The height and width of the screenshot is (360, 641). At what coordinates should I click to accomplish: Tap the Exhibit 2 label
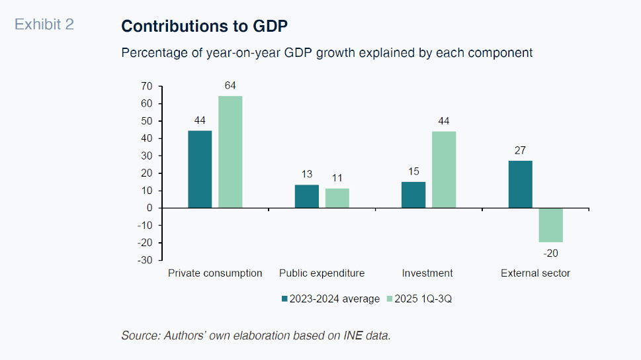pos(44,25)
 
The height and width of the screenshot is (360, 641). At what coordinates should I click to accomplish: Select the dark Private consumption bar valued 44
pos(200,169)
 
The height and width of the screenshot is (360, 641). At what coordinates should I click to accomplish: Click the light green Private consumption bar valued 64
pos(230,152)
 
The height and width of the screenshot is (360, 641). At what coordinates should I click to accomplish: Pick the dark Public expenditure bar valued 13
pos(307,197)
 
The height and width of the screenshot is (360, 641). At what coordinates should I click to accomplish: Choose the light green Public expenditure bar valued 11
pos(337,199)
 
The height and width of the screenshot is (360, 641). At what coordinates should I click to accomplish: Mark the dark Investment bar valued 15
pos(413,195)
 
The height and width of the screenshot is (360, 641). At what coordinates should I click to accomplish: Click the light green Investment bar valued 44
pos(444,169)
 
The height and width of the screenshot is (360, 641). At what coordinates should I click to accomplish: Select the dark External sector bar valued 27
pos(521,184)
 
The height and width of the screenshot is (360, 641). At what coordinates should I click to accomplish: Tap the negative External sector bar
pos(550,225)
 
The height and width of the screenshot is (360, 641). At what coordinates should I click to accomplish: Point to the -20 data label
pos(550,253)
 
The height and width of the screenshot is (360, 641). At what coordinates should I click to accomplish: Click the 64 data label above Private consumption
pos(230,85)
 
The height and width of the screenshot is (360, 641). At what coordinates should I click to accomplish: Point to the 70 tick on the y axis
pos(146,87)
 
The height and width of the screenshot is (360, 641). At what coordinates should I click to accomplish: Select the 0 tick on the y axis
pos(149,208)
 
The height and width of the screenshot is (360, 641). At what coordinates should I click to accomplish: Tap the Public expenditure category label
pos(321,273)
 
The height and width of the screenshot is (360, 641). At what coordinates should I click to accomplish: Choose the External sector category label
pos(535,273)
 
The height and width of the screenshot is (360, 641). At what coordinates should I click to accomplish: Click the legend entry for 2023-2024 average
pos(331,299)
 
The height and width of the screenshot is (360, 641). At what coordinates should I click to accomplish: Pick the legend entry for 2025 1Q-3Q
pos(423,299)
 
